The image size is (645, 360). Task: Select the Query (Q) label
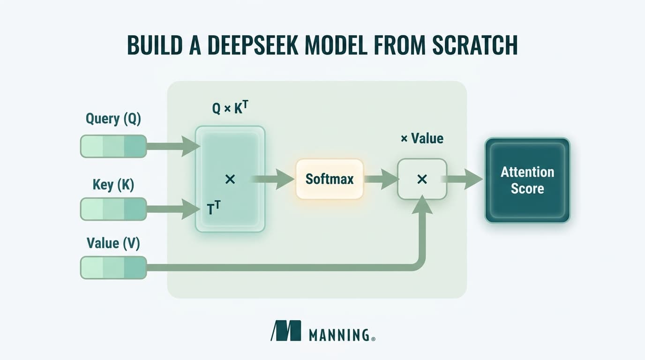coord(113,119)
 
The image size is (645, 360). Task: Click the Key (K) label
coord(113,185)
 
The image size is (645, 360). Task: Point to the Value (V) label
coord(113,243)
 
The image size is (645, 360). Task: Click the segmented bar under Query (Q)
coord(113,146)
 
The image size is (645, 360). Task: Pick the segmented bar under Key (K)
coord(113,209)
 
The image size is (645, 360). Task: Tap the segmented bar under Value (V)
coord(113,268)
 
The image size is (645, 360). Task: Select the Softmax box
coord(330,179)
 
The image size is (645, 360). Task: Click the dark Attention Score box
coord(527,180)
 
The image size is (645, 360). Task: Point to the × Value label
coord(422,138)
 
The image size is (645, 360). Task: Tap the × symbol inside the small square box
coord(422,179)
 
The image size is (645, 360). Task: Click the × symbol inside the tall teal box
coord(230,179)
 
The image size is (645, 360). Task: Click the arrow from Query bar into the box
coord(173,146)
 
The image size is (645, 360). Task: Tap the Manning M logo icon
coord(286,330)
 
